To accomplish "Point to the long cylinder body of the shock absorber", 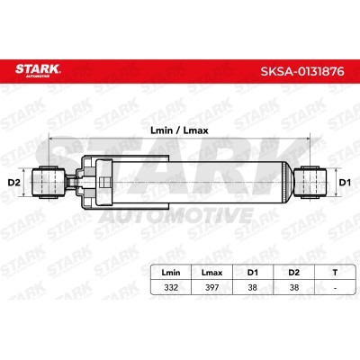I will click(x=207, y=184).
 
